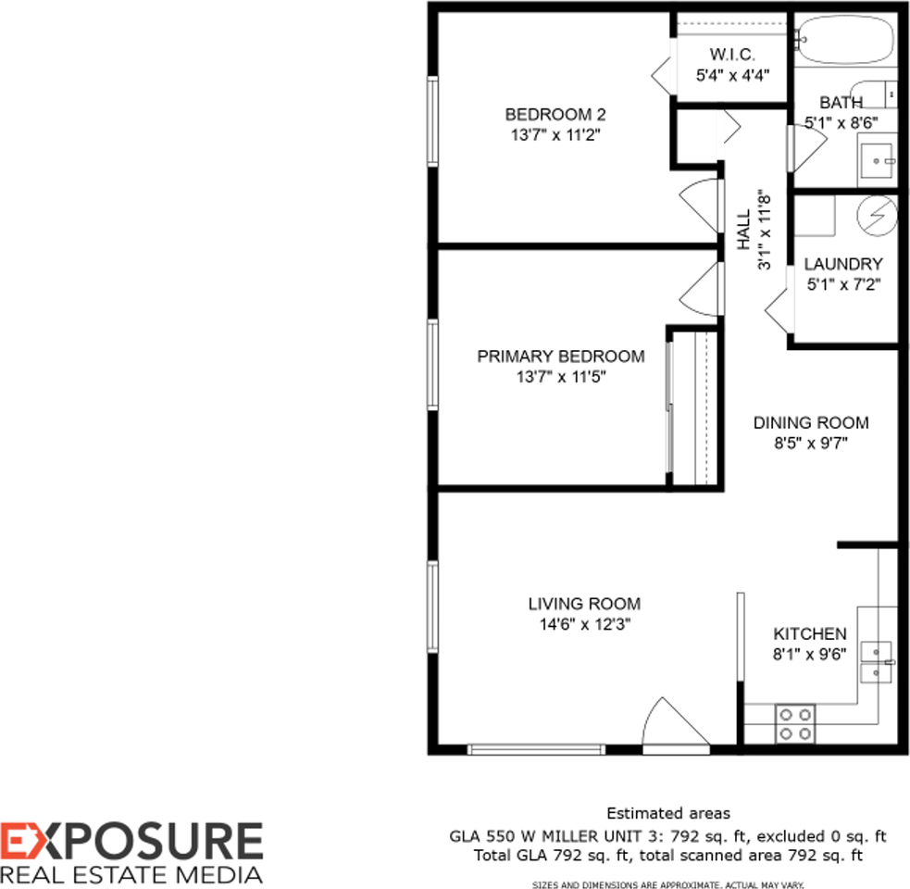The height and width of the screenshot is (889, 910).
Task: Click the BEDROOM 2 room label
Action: click(555, 115)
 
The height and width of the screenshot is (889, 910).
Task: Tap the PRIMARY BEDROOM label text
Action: click(560, 357)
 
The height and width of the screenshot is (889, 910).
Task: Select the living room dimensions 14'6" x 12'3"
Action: click(584, 624)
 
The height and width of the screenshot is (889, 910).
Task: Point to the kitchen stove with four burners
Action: click(794, 723)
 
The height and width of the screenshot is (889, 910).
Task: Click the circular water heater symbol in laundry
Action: click(876, 216)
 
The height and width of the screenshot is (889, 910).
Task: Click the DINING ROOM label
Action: click(810, 423)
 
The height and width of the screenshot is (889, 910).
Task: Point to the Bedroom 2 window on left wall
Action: click(431, 120)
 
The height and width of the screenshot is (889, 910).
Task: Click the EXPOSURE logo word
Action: click(131, 842)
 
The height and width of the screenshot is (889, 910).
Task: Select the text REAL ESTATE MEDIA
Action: click(131, 874)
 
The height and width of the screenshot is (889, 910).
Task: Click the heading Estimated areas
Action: click(667, 814)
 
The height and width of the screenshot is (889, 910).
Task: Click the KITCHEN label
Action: click(809, 634)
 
